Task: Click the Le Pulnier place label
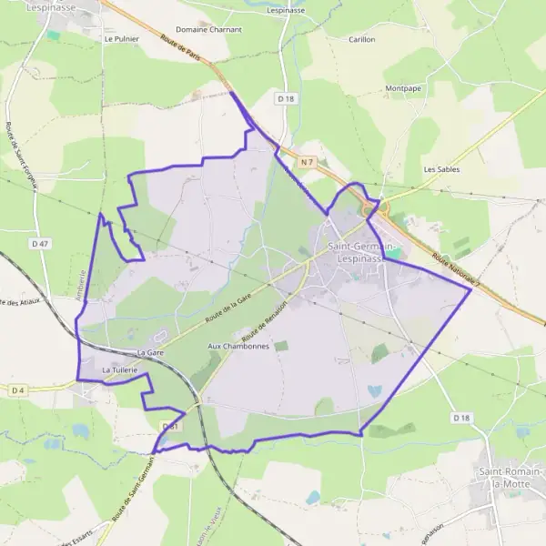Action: point(120,39)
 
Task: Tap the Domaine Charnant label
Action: point(209,30)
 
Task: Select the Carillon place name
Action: point(362,40)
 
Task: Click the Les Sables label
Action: point(441,169)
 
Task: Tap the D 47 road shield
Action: point(40,243)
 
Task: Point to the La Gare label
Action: point(149,351)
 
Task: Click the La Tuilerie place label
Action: point(119,370)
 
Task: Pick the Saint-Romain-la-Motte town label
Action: point(511,478)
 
